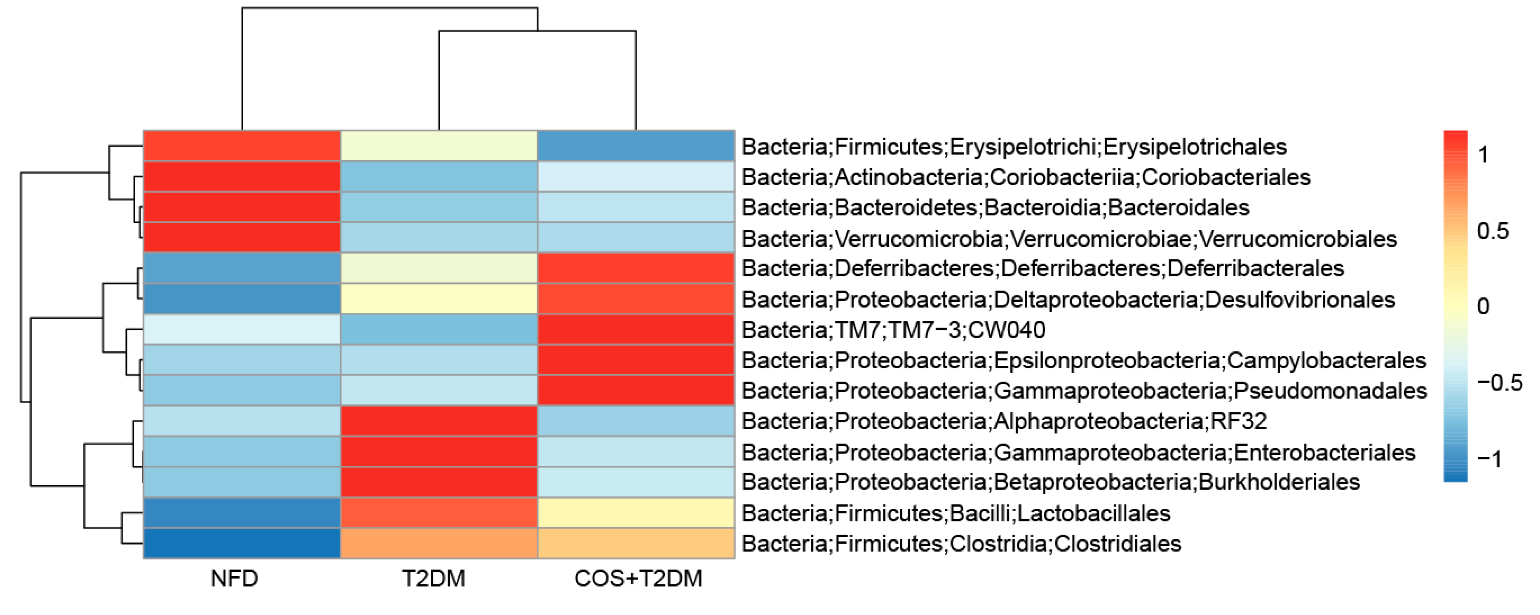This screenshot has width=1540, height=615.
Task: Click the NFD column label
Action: point(235,578)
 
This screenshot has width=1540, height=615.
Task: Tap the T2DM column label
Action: point(433,578)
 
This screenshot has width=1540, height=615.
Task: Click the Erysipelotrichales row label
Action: point(1014,146)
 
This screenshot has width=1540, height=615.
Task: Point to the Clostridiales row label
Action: point(961,544)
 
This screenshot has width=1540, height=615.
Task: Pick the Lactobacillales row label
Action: point(956,513)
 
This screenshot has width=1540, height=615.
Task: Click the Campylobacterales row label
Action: point(1084,360)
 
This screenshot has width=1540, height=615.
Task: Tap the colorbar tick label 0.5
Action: point(1493,231)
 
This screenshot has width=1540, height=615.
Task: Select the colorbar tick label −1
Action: point(1489,459)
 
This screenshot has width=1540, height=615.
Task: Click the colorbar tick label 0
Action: point(1483,306)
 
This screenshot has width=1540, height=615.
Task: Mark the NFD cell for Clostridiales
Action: point(242,543)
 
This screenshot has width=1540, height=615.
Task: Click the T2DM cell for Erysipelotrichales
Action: point(439,146)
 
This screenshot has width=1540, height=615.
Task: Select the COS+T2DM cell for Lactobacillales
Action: point(636,513)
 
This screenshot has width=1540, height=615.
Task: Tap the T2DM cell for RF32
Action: point(439,421)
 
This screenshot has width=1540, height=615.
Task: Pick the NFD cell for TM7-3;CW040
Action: point(242,329)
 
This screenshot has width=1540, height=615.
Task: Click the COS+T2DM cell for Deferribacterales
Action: point(636,268)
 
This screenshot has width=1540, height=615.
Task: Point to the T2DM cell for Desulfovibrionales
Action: point(439,299)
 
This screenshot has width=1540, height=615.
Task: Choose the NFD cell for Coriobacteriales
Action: point(242,176)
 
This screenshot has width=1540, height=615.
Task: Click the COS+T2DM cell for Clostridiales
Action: point(636,543)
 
